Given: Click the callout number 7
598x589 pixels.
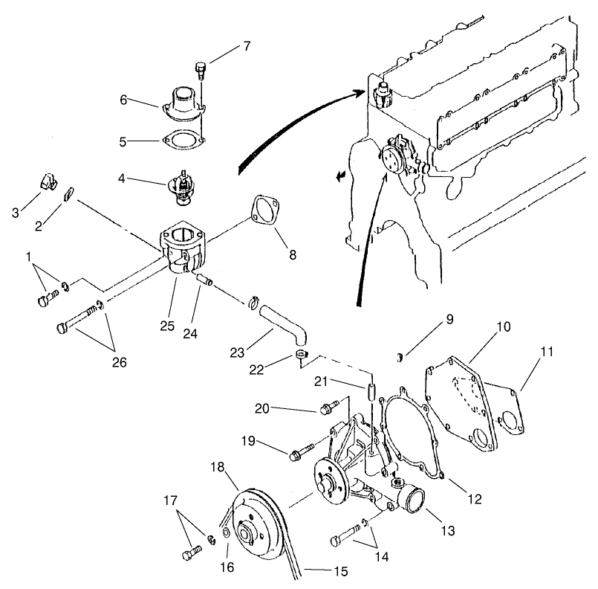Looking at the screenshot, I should click(x=246, y=46).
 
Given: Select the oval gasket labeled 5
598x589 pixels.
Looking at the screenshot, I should click(x=181, y=139).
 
